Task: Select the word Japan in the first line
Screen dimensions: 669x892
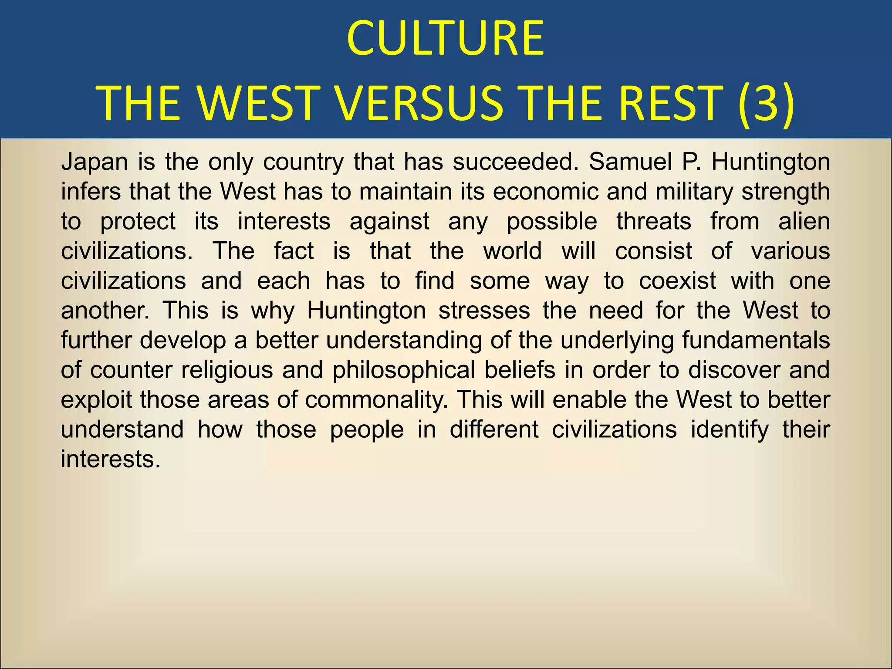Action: point(95,162)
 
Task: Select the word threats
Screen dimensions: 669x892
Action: point(653,221)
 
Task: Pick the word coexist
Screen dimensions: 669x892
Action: point(677,281)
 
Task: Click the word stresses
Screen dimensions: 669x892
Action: point(484,311)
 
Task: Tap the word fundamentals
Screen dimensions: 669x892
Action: point(756,340)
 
